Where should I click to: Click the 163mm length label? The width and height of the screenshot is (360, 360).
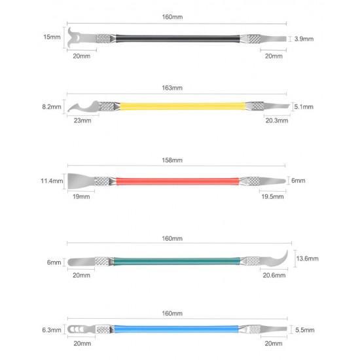[172, 88]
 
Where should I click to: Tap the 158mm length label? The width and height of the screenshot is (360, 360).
[172, 160]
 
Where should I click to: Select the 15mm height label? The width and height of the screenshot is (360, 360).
[52, 37]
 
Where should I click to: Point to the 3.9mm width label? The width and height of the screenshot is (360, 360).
[304, 39]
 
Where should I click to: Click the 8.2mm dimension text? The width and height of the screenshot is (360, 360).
[52, 107]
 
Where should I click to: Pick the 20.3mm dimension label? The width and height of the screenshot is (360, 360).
[277, 120]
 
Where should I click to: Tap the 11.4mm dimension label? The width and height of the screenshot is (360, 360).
[52, 181]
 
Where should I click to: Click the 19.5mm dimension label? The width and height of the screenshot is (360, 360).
[272, 196]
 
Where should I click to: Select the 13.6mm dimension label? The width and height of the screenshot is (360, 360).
[307, 259]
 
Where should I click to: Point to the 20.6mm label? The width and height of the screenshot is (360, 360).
[274, 276]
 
